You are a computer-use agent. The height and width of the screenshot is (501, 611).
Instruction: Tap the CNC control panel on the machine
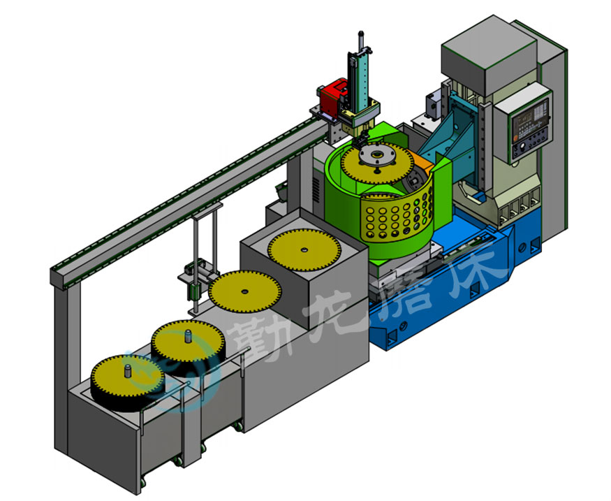click(529, 125)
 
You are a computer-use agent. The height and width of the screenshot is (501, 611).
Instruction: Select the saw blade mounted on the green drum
click(376, 163)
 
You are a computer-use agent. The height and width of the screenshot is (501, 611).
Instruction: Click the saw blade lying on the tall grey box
click(304, 250)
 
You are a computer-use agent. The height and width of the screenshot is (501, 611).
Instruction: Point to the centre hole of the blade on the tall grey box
click(304, 249)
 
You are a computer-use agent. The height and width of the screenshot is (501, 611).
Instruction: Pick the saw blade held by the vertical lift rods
click(244, 291)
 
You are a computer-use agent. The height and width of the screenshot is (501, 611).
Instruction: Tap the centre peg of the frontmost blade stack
click(126, 370)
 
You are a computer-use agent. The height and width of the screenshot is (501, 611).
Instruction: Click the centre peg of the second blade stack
click(188, 336)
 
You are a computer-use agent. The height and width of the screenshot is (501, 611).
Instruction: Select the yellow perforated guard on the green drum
click(397, 217)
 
